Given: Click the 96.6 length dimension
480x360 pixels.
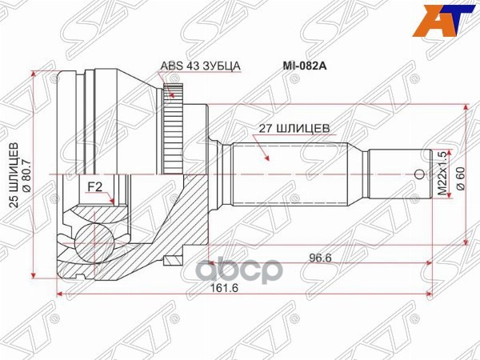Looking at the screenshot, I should click(320, 258).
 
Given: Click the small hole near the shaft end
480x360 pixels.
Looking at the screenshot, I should click(417, 174).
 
